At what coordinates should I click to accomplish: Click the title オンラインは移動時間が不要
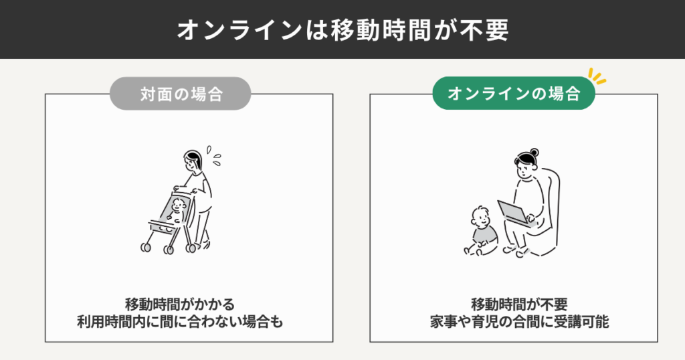(x=342, y=30)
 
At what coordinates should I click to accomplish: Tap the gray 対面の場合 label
(x=181, y=94)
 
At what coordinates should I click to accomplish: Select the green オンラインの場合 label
(x=514, y=93)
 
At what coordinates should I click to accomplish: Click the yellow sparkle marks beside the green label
(x=597, y=76)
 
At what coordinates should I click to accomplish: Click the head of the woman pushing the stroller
(x=193, y=161)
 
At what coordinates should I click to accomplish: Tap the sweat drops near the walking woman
(x=213, y=155)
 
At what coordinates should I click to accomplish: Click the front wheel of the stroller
(x=145, y=248)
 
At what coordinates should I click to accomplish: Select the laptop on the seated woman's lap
(x=514, y=213)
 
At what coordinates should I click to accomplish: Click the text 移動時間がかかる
(x=180, y=304)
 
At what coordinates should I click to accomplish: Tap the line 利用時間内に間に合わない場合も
(x=180, y=322)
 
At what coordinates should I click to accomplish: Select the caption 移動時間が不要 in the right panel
(x=519, y=304)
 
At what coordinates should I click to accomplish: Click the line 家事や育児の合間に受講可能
(x=519, y=322)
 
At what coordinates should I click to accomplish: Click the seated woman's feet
(x=516, y=251)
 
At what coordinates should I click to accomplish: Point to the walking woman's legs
(x=201, y=228)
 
